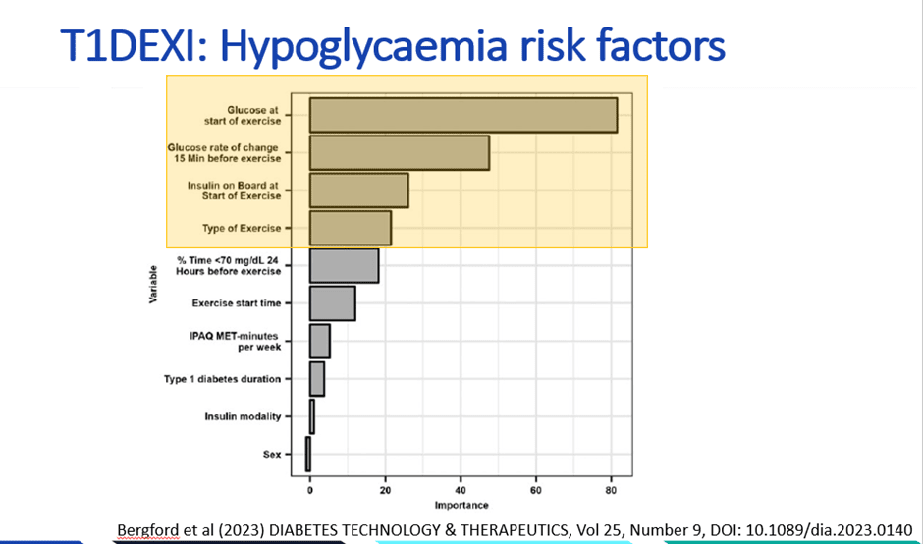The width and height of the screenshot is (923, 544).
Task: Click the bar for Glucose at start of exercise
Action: [x=462, y=115]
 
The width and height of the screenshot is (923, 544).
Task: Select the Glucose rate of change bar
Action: [x=399, y=153]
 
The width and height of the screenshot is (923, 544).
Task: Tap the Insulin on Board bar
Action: [x=358, y=190]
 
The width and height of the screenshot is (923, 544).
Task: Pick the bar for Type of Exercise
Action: [x=350, y=228]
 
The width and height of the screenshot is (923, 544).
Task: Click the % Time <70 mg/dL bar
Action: [x=344, y=266]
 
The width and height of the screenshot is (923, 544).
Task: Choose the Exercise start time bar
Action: [x=332, y=303]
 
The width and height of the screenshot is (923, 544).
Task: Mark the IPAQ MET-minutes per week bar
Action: [x=319, y=341]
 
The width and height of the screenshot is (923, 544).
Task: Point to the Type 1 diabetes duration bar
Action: [x=316, y=378]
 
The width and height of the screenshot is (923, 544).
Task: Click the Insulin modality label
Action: [x=243, y=416]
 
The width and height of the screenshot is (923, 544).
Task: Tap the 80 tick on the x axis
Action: [x=611, y=489]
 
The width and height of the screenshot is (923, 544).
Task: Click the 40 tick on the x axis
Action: [x=461, y=489]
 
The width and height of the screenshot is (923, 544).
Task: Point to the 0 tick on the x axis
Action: [x=309, y=489]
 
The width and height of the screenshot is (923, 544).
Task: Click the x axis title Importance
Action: [x=461, y=506]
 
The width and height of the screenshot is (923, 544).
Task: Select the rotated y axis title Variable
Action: [x=154, y=285]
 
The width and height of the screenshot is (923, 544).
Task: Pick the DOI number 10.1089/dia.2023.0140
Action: [x=818, y=528]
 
